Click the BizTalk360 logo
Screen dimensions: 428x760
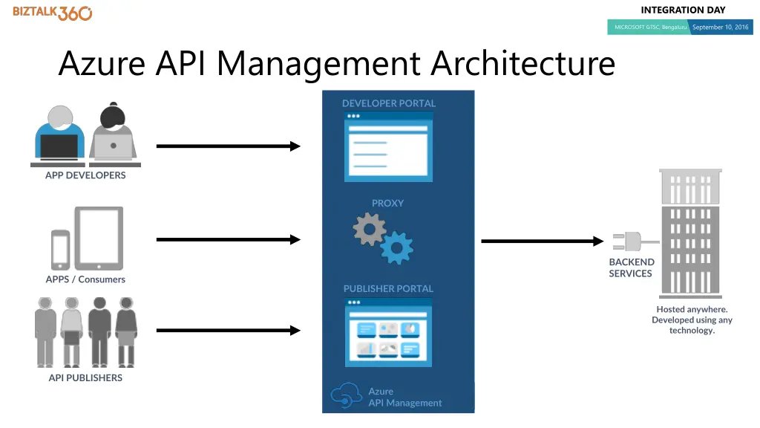pyautogui.click(x=52, y=13)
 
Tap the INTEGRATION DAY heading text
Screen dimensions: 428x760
pyautogui.click(x=683, y=10)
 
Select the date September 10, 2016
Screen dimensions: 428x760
pyautogui.click(x=720, y=27)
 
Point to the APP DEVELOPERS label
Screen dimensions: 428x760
pyautogui.click(x=85, y=175)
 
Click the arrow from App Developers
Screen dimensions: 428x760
pyautogui.click(x=228, y=146)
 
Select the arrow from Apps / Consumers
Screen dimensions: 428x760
pyautogui.click(x=228, y=239)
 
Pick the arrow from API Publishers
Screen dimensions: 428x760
pyautogui.click(x=228, y=331)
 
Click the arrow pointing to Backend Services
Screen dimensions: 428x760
pyautogui.click(x=542, y=241)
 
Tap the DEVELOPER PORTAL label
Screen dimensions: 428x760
pyautogui.click(x=389, y=103)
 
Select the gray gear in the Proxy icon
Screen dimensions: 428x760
pyautogui.click(x=369, y=229)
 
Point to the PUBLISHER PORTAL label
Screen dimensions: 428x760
pyautogui.click(x=388, y=288)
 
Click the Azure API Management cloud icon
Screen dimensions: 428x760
pyautogui.click(x=346, y=395)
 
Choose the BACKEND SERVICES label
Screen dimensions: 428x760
pyautogui.click(x=632, y=267)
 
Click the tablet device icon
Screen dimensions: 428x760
pyautogui.click(x=99, y=237)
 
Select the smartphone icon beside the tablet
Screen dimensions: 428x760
pyautogui.click(x=61, y=249)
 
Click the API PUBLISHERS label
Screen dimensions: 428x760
pyautogui.click(x=85, y=377)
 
